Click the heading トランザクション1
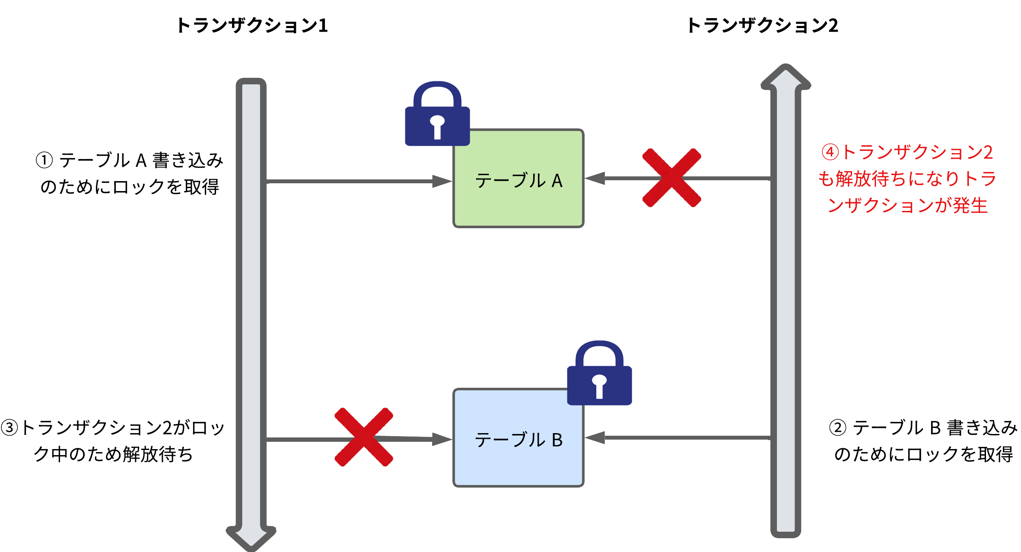click(x=252, y=26)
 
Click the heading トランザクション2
click(x=763, y=26)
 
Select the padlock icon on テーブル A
click(x=437, y=115)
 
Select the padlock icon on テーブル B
click(x=599, y=374)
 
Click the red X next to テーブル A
click(x=671, y=178)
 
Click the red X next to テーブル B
click(x=364, y=437)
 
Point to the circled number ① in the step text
click(x=44, y=160)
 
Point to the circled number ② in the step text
click(x=837, y=428)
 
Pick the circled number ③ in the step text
click(x=9, y=428)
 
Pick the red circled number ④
click(x=830, y=152)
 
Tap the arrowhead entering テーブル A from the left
click(x=442, y=181)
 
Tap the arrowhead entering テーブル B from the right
click(x=595, y=437)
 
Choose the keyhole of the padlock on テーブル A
click(x=437, y=126)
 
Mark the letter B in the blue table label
click(x=557, y=440)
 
